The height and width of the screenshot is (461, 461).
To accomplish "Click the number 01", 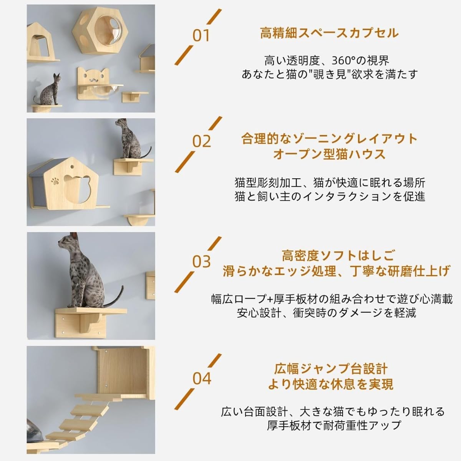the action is coord(201,36).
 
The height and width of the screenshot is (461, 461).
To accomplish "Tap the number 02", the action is coord(202,141).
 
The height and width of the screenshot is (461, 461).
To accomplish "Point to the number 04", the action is coord(202,379).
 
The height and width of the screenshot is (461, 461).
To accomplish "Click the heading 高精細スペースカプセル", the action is coord(329,33).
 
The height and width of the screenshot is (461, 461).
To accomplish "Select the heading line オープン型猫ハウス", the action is coord(329,154).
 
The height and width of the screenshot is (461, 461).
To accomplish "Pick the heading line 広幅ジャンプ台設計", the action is coord(331,369).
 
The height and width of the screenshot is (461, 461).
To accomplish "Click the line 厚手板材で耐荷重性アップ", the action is coord(334,425).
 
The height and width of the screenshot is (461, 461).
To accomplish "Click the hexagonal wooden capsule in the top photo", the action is coord(100,31).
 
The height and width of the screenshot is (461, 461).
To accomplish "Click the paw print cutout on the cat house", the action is coord(55,181).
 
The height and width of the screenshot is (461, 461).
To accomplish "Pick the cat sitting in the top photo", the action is coord(48,90).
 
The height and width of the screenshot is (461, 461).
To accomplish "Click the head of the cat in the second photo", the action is coord(121,124).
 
